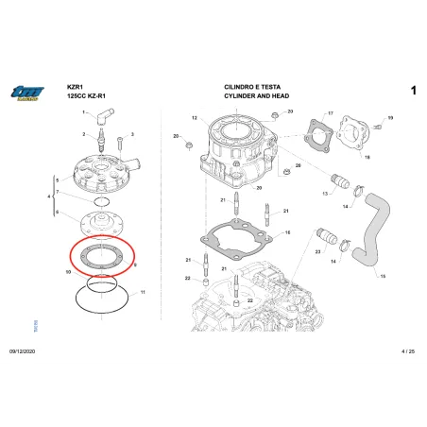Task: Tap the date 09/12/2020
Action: click(x=23, y=350)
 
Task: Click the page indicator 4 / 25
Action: click(x=408, y=350)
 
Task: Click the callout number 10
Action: click(x=67, y=272)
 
